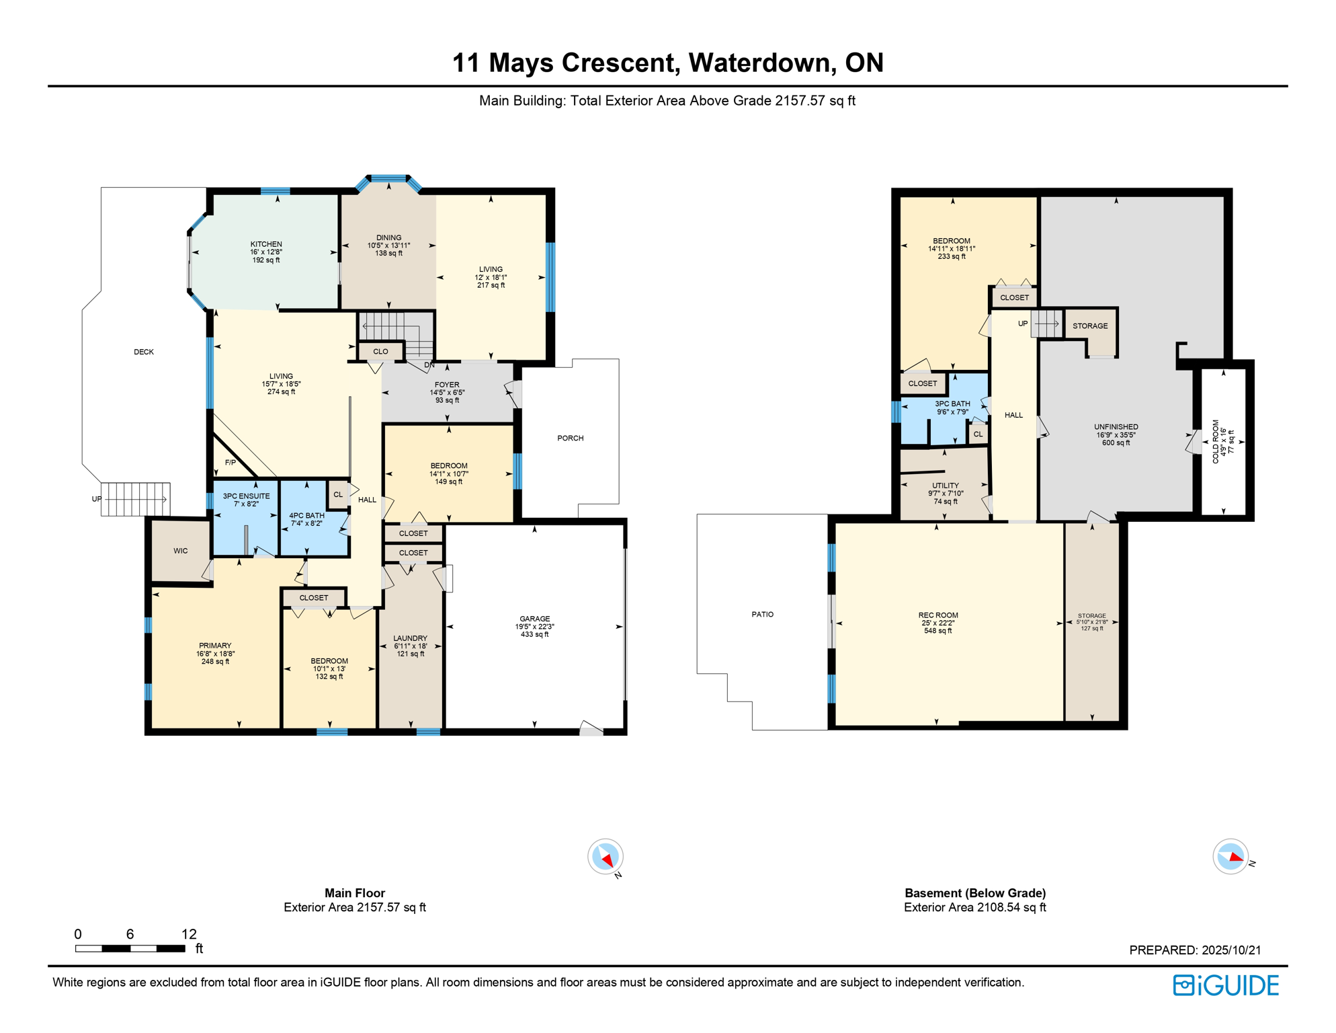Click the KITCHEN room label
266,244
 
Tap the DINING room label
388,237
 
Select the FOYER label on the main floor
447,385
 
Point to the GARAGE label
535,619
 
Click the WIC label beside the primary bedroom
181,551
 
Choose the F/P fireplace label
231,463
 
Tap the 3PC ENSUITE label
247,496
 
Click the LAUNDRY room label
410,638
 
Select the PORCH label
571,438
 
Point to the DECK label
144,352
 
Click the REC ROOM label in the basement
938,615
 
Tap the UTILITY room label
946,486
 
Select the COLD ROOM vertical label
1216,442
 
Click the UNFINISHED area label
1116,427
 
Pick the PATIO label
763,614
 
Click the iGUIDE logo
1226,985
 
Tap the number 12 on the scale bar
190,934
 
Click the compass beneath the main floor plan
606,857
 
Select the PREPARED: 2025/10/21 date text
1195,950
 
